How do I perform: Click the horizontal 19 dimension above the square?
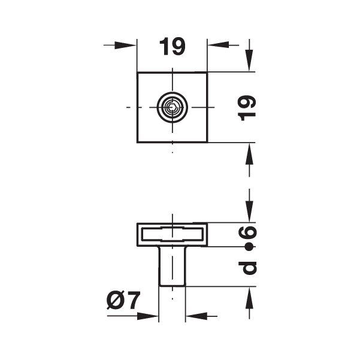(x=173, y=47)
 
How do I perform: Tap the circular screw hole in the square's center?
(x=173, y=108)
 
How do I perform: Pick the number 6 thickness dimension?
(x=248, y=232)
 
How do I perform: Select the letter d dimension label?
(x=248, y=266)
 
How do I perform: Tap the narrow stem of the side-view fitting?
(x=172, y=266)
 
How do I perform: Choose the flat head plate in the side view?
(x=173, y=234)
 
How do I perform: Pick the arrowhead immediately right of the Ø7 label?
(x=149, y=315)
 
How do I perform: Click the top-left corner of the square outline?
(x=138, y=73)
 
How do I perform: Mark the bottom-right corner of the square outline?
(x=207, y=142)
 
